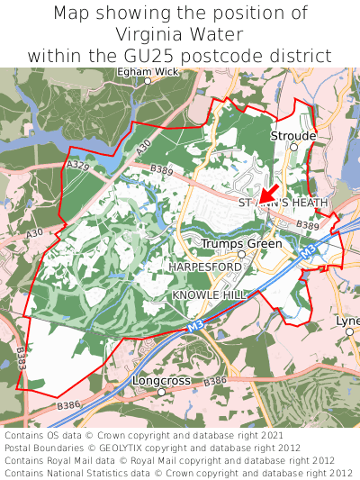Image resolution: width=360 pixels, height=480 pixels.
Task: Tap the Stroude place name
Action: (292, 135)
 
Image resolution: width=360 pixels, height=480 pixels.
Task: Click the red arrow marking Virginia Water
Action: (267, 191)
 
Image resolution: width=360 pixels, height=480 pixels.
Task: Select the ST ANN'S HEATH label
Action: (283, 203)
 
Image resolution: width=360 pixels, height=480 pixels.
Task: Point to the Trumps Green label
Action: (241, 243)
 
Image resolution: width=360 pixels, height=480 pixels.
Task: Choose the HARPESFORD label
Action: (205, 267)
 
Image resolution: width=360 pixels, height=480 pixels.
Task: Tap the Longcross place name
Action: (161, 381)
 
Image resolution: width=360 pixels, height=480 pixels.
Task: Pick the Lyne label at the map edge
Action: (347, 321)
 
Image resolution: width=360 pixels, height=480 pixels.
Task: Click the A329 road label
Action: (78, 166)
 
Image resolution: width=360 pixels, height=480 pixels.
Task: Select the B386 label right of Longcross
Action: (214, 382)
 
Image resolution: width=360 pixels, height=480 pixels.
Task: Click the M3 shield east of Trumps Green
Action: (306, 256)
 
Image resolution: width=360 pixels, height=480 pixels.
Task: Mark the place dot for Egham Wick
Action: (148, 81)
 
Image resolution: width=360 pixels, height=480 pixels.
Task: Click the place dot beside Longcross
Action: (162, 393)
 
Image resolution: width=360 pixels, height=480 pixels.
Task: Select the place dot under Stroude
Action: (293, 146)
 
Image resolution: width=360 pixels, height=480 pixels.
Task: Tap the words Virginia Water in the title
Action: (179, 34)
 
